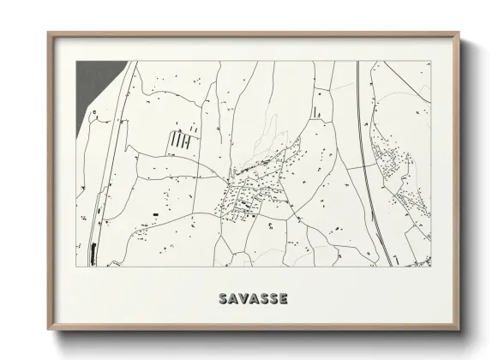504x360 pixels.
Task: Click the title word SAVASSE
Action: click(253, 298)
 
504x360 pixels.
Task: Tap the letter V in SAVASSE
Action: click(243, 298)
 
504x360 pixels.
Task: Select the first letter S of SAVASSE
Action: click(224, 298)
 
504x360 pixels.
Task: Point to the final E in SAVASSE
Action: click(282, 298)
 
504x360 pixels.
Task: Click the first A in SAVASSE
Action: click(233, 298)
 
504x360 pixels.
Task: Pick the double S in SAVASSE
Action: click(267, 298)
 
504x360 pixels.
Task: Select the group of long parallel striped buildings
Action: click(181, 138)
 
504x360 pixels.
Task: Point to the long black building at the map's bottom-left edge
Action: click(93, 254)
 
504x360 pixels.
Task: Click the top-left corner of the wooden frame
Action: click(49, 33)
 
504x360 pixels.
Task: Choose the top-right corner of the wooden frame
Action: click(460, 33)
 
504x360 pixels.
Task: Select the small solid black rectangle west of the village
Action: click(155, 211)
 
